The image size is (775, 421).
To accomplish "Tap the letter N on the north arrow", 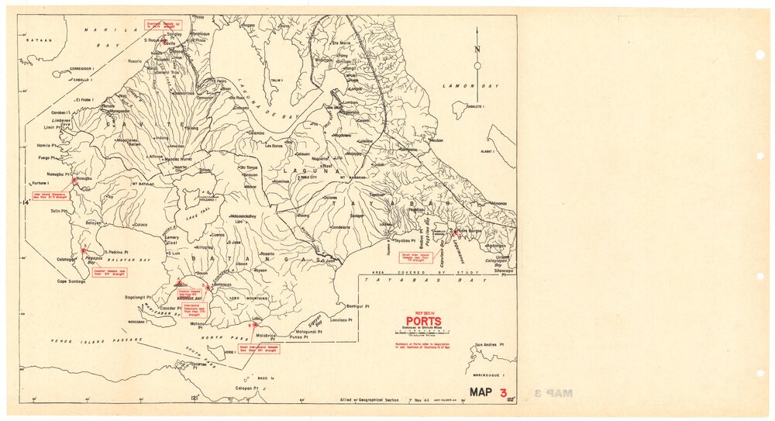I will pos(477,52).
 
